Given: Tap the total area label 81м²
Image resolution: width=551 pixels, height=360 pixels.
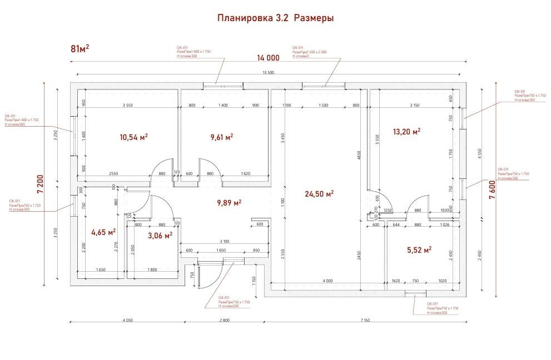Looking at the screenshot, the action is (x=80, y=48).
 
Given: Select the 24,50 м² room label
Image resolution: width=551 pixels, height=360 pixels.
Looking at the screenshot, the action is (x=319, y=194).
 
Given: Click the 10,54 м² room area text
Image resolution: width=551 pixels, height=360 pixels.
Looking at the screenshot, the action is (x=133, y=137).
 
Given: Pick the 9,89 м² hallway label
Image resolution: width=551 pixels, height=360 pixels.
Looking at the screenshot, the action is (x=229, y=203).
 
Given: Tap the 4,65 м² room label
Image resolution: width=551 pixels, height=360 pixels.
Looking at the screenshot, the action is (x=103, y=232).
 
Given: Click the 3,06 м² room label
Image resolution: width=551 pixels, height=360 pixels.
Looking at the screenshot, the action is (x=160, y=235).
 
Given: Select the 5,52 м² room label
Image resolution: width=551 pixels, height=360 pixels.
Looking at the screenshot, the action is (x=420, y=250).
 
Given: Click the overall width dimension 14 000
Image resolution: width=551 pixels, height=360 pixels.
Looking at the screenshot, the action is (x=268, y=58).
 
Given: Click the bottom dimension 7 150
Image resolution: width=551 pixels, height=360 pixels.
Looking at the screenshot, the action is (x=365, y=321).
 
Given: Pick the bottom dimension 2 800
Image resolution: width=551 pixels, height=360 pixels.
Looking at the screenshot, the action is (x=225, y=321).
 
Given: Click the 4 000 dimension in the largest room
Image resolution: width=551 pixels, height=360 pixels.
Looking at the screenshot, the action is (x=327, y=281).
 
